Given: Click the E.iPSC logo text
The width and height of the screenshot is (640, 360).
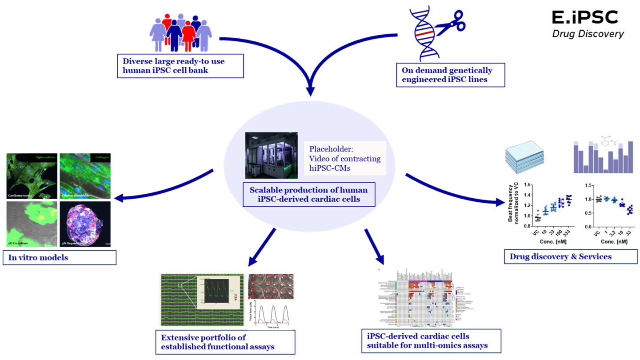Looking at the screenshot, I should click(584, 17).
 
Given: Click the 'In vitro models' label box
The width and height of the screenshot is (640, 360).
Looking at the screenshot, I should click(59, 258).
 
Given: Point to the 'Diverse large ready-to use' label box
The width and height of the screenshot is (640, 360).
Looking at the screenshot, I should click(180, 66).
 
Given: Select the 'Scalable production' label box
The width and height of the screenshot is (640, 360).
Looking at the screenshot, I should click(308, 194).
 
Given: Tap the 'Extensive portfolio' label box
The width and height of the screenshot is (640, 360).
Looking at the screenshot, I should click(225, 342).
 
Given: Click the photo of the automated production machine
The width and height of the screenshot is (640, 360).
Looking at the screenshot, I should click(271, 156).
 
